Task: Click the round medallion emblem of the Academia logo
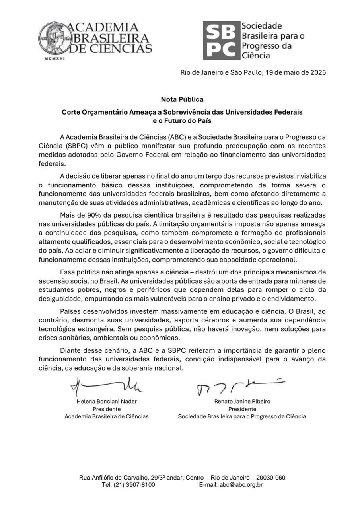51,38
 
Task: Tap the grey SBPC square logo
221,40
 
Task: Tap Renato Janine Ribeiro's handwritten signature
239,386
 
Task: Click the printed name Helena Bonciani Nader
107,402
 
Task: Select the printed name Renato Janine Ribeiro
242,402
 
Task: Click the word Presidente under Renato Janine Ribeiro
242,409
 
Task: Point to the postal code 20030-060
271,478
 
